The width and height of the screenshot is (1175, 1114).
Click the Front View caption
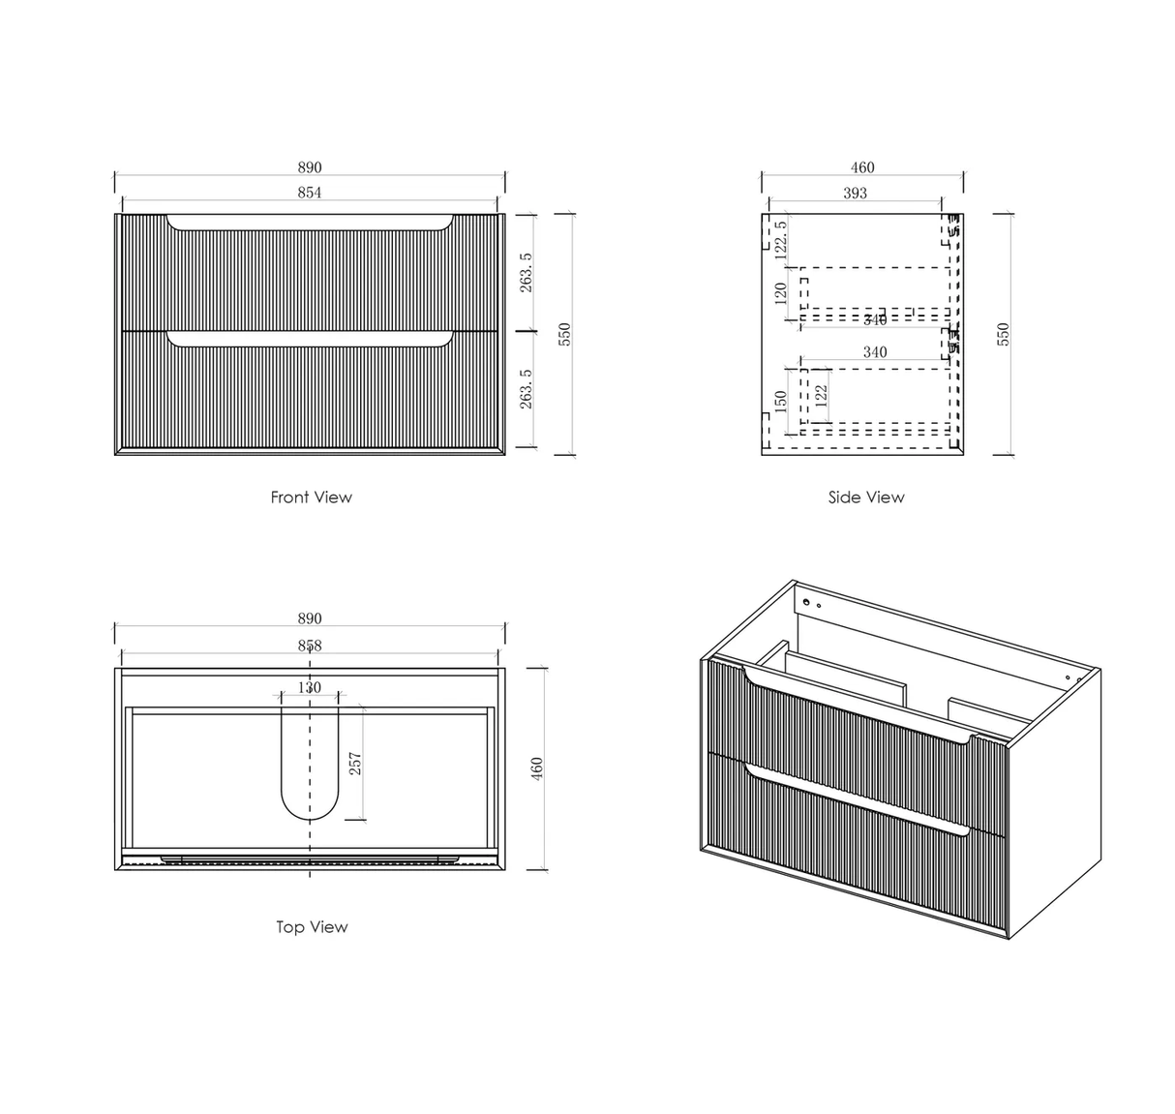pos(311,497)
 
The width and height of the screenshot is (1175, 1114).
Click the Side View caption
pos(865,497)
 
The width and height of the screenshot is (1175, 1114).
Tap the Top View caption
pos(311,927)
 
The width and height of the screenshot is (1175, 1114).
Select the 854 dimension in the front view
pos(309,193)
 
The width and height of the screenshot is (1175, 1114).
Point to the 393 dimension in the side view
pos(855,193)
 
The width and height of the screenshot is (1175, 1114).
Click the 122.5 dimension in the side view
pos(782,237)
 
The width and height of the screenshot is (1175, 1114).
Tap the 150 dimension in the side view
pos(781,401)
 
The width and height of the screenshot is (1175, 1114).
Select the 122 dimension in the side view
pos(821,397)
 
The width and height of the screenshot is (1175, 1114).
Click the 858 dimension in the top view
pos(309,646)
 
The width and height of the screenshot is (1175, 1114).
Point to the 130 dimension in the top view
pos(309,688)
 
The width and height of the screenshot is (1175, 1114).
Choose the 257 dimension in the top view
pos(354,765)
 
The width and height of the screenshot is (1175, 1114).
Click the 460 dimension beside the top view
pos(538,768)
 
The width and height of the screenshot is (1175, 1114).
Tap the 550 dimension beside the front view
pos(565,334)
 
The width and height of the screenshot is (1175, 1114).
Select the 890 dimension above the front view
pos(309,167)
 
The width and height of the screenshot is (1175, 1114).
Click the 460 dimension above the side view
pos(861,167)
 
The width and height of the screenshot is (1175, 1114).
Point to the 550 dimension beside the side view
pos(1003,334)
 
